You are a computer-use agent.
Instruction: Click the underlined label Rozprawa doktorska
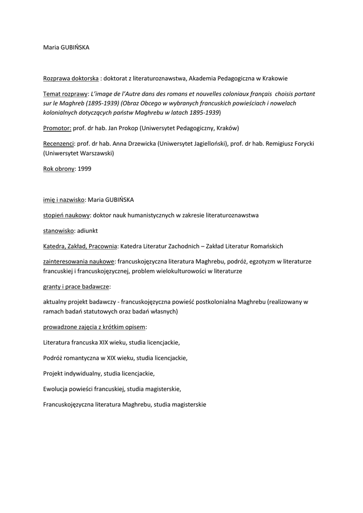tap(71, 78)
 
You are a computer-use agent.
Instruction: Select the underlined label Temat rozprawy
tap(65, 94)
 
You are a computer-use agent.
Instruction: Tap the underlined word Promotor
tap(57, 128)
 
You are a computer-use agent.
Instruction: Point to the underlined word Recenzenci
tap(59, 143)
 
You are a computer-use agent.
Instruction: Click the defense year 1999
tap(85, 169)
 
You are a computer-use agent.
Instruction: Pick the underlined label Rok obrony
tap(59, 169)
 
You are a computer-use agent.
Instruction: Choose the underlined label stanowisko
tap(59, 230)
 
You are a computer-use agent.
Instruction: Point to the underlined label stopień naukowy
tap(67, 215)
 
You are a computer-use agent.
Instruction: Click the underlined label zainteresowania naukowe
tap(79, 261)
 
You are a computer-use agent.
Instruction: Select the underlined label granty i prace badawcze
tap(77, 287)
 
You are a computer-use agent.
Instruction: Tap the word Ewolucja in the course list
tap(57, 389)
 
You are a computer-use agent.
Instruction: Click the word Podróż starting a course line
tap(54, 358)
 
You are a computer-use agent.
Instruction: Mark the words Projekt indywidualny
tap(73, 373)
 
